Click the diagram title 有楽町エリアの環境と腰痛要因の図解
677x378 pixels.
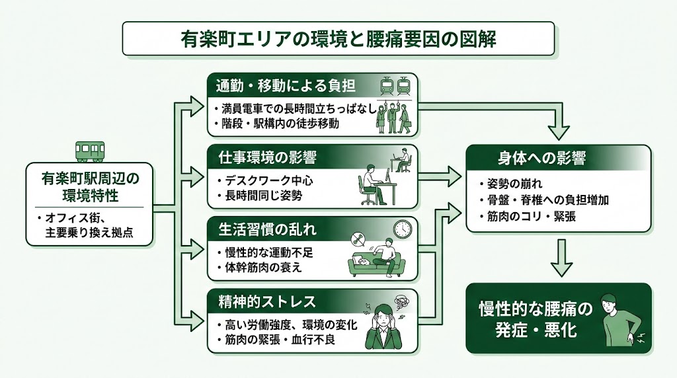[x=338, y=38]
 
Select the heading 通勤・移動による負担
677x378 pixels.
[x=286, y=86]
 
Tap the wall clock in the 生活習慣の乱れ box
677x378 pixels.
[x=402, y=228]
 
